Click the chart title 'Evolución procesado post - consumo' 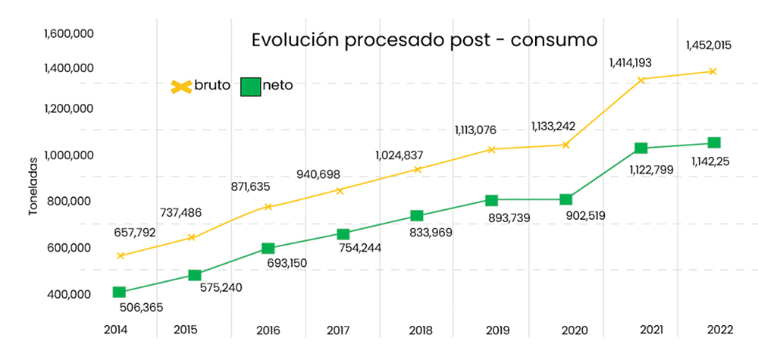[x=424, y=39]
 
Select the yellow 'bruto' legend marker [x=180, y=86]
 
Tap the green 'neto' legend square [x=250, y=86]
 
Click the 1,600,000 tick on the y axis [x=68, y=33]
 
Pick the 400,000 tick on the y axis [x=69, y=295]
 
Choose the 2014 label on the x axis [x=116, y=330]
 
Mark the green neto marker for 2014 [x=119, y=293]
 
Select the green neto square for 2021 [x=641, y=149]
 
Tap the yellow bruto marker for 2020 [x=565, y=145]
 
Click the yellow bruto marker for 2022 [x=713, y=72]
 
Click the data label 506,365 [x=141, y=308]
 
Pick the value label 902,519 [x=590, y=216]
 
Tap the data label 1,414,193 [x=630, y=62]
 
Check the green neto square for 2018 [x=416, y=217]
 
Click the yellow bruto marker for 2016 [x=268, y=207]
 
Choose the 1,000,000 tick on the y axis [x=68, y=155]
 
